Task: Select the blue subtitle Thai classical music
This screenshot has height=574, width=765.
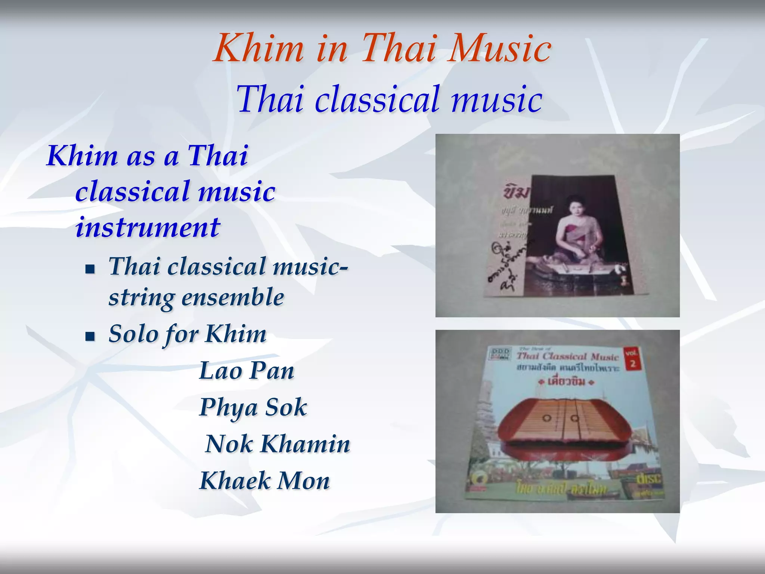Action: point(389,99)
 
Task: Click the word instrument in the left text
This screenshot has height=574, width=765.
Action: point(148,228)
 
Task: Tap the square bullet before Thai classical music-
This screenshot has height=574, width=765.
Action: point(90,269)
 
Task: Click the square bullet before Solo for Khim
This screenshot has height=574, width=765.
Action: point(90,336)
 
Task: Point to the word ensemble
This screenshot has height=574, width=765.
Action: point(233,297)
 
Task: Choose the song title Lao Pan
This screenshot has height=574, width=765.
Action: point(247,371)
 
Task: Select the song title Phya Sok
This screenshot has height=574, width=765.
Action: point(253,407)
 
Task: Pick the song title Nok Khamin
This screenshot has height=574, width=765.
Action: point(278,444)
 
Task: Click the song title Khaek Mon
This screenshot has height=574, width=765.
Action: point(265,481)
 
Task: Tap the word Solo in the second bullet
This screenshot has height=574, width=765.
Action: point(133,334)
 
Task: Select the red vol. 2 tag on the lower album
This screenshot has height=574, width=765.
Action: point(632,358)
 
